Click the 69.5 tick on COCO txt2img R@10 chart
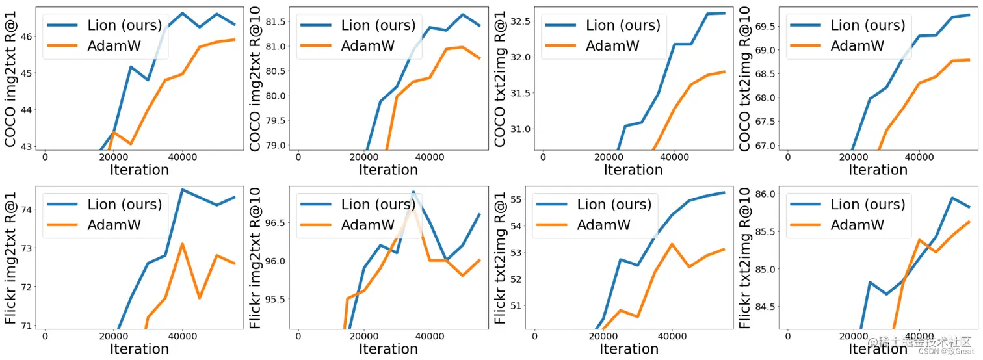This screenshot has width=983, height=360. (765, 26)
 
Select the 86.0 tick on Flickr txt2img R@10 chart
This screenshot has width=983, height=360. (765, 194)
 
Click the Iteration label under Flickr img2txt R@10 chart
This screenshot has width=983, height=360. (388, 349)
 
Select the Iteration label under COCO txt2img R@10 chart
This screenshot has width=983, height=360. (878, 170)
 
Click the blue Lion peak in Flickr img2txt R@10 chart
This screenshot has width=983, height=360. (413, 192)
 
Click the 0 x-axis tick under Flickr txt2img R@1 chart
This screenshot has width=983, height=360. (534, 336)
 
